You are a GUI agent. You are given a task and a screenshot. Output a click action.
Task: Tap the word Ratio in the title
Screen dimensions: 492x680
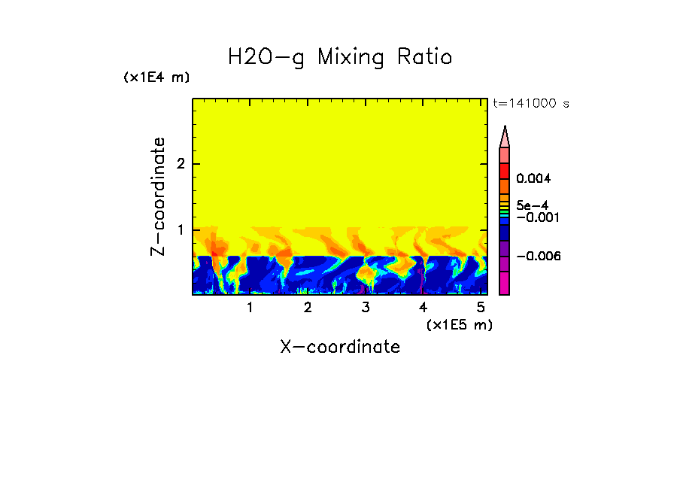tap(427, 57)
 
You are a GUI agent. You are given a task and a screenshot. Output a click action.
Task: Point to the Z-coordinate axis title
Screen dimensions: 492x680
tap(158, 196)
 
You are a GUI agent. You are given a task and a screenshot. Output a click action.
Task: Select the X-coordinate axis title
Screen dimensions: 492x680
tap(340, 347)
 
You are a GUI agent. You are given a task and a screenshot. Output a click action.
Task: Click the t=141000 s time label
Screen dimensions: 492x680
tap(530, 103)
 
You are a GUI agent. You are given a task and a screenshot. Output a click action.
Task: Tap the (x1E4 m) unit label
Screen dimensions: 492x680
tap(156, 77)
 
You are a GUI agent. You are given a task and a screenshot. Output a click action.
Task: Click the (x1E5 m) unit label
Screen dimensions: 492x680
tap(459, 324)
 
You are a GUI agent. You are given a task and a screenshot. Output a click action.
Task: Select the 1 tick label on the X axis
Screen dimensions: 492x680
tap(250, 307)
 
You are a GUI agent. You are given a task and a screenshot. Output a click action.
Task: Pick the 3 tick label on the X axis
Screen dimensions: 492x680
tap(365, 307)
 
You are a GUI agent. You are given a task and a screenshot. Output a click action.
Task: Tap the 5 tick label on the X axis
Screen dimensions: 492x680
tap(481, 307)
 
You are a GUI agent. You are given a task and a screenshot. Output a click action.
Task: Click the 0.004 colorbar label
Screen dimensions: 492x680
tap(534, 178)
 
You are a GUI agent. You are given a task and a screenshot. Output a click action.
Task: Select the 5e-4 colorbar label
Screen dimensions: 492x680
tap(532, 205)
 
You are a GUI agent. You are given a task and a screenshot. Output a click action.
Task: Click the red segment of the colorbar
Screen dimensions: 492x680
tap(504, 170)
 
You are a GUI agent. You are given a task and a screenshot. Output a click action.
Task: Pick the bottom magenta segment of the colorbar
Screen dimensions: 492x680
tap(504, 284)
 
